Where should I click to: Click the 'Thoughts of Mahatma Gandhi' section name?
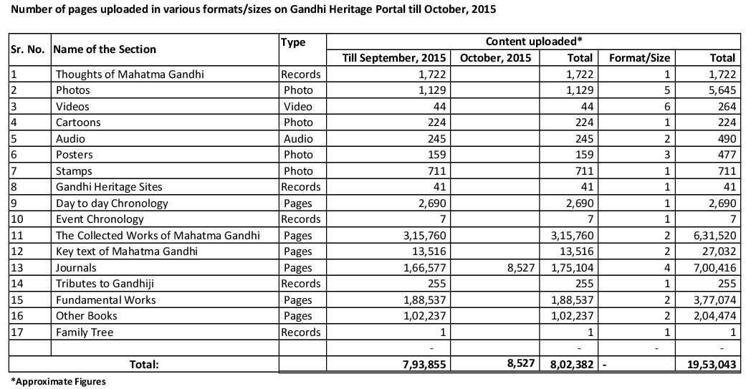click(119, 75)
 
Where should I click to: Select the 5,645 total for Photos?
click(719, 90)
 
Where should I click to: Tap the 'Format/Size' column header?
click(634, 58)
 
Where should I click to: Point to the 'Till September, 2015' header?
click(388, 58)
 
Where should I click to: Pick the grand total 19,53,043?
click(707, 364)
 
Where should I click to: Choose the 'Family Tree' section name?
click(85, 332)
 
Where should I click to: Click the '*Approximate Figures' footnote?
click(58, 382)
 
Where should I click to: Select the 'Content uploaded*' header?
click(535, 42)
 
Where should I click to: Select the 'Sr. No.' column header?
click(28, 49)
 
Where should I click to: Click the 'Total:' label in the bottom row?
click(143, 364)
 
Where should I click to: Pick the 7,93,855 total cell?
click(422, 364)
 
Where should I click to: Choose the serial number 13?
click(16, 267)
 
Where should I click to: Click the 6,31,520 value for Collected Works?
click(712, 235)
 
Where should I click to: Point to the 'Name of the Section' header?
click(105, 49)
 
